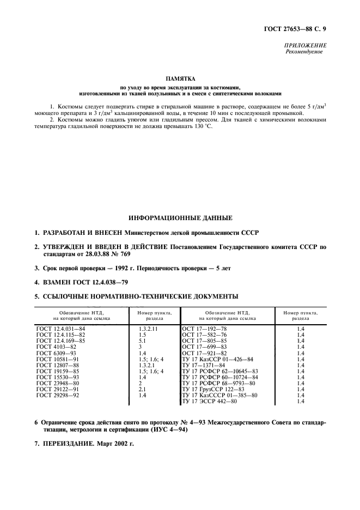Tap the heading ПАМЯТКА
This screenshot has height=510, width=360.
click(180, 79)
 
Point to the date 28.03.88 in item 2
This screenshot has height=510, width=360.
click(99, 254)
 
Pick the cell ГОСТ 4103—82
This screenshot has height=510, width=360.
click(55, 347)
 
